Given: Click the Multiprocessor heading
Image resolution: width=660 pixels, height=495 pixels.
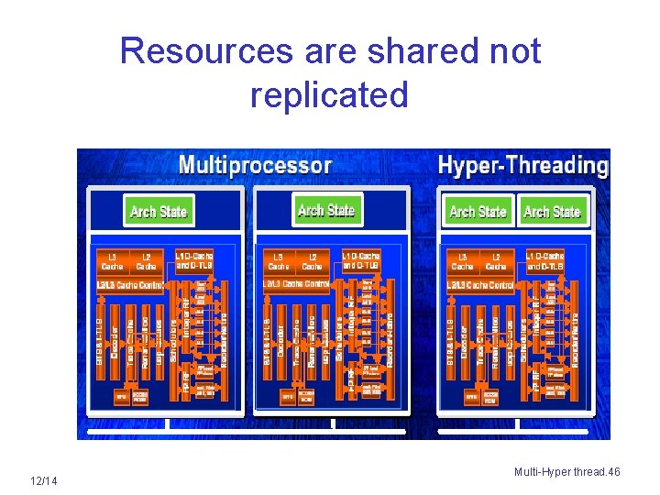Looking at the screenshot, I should (x=255, y=166).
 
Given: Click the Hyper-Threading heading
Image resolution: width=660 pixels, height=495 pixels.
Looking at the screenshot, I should (x=522, y=166).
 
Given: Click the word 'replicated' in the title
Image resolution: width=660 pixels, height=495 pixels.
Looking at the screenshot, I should (x=329, y=94).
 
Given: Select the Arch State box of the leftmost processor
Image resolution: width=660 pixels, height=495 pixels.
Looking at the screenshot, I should (x=159, y=212).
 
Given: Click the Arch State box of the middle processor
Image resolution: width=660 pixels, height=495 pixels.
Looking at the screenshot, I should (x=325, y=211).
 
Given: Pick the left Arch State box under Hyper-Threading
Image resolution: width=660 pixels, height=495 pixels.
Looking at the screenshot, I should (x=478, y=212).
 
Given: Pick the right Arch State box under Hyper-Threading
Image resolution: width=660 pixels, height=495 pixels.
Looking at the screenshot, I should (x=552, y=212).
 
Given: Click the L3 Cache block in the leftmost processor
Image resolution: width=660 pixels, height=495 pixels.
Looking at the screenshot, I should (x=113, y=261).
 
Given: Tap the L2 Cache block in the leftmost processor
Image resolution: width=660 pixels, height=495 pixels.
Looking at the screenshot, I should (x=146, y=261).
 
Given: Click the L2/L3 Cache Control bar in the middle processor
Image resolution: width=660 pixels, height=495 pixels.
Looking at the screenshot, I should (x=296, y=283).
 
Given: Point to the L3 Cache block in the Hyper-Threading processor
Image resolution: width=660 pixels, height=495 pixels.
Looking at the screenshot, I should (x=463, y=261).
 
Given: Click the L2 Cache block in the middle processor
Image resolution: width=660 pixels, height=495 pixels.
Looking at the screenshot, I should (x=312, y=261).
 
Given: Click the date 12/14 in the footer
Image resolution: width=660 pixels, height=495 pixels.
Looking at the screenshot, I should (x=43, y=481).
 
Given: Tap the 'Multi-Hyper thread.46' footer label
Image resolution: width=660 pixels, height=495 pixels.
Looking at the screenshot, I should (x=566, y=472).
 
